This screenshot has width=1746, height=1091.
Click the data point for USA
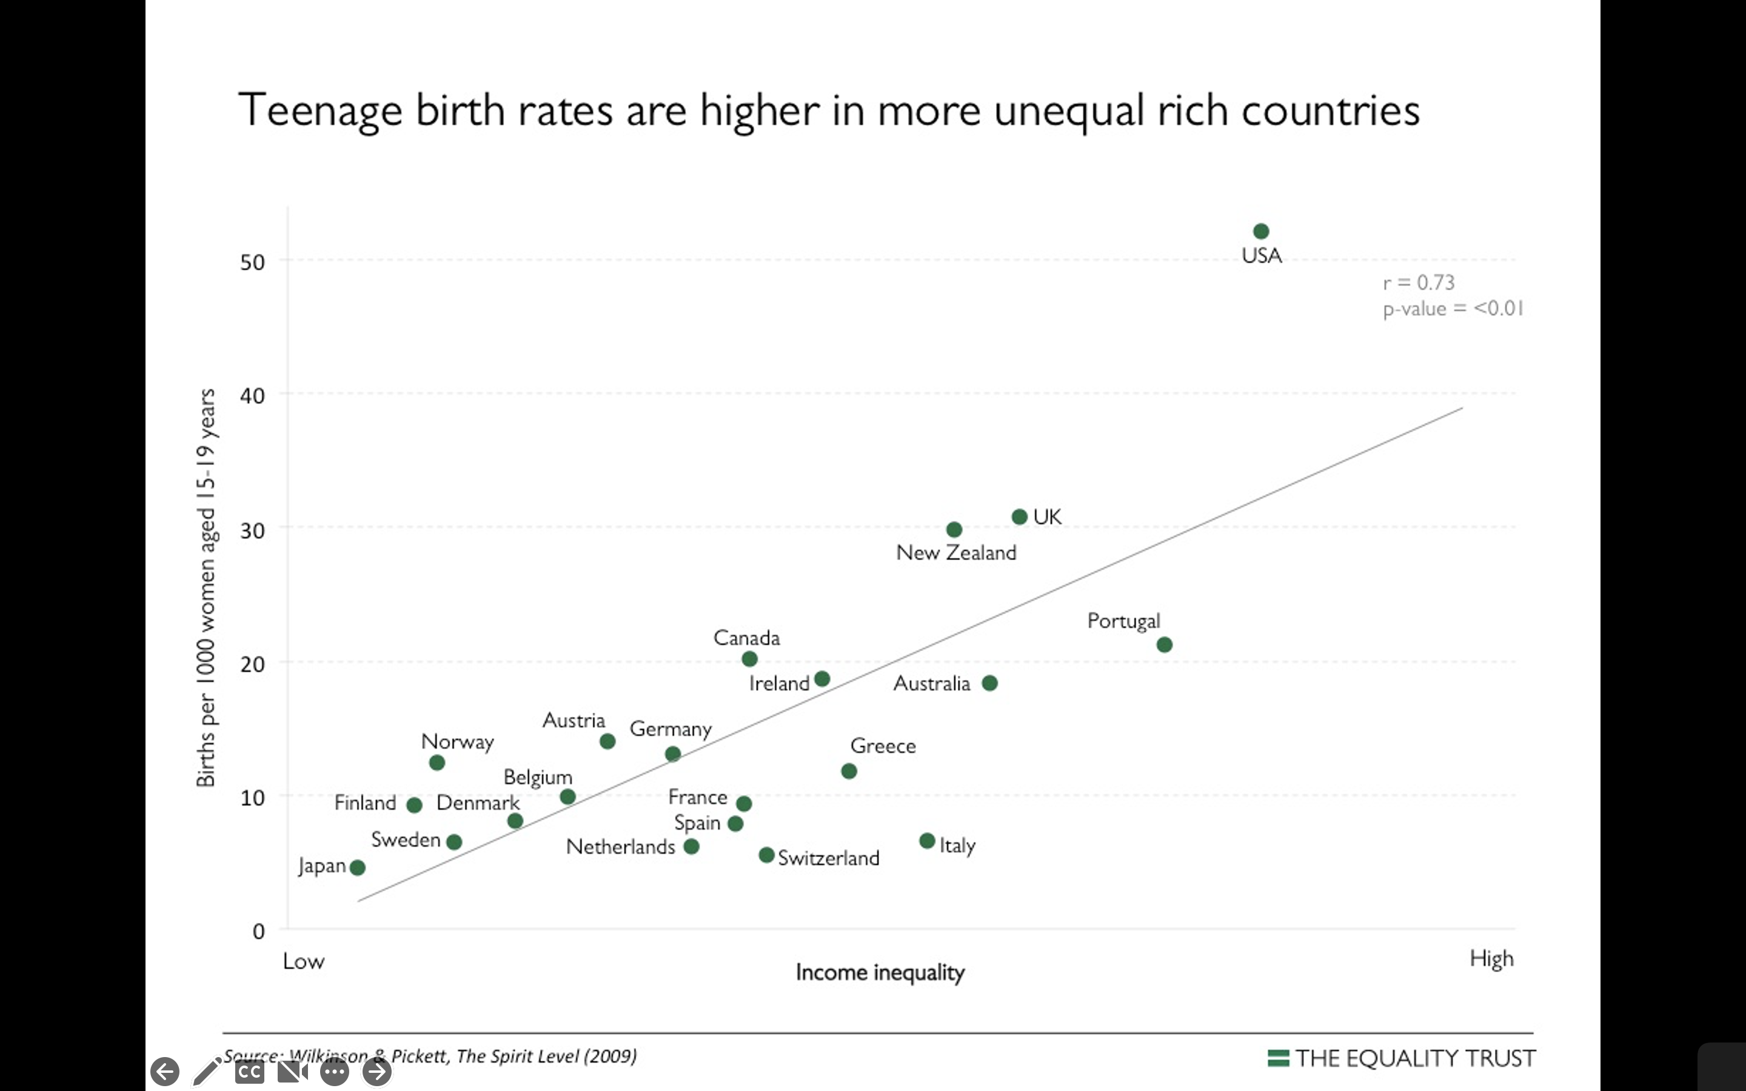pos(1260,232)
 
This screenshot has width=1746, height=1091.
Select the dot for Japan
pos(357,867)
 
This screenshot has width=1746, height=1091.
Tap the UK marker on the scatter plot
pos(1018,516)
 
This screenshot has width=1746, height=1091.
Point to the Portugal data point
pos(1164,645)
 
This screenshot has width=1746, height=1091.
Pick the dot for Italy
pos(927,841)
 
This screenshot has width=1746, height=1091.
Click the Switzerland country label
pos(828,858)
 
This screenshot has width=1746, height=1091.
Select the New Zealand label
pos(955,553)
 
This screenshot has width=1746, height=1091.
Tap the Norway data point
pos(436,762)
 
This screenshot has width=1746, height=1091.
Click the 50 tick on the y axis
pos(253,262)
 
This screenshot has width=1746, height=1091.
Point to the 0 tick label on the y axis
pos(258,932)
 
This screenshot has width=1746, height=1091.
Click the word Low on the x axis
pos(303,961)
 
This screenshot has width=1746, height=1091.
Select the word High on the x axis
pos(1491,959)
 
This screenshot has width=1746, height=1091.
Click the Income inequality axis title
pos(880,973)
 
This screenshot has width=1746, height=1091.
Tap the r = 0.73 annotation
pos(1419,282)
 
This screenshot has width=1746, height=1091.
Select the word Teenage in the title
pos(319,110)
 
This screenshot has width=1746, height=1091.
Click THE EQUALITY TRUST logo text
pos(1415,1058)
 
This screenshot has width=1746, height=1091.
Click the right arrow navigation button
pos(376,1072)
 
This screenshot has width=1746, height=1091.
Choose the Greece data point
pos(849,772)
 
